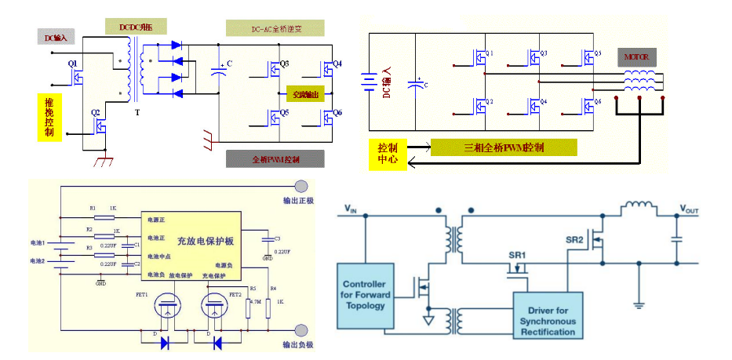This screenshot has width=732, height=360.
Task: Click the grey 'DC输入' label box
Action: [x=55, y=36]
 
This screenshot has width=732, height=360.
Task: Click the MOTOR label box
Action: [x=636, y=57]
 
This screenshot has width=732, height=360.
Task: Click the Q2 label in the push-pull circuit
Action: [x=97, y=113]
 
